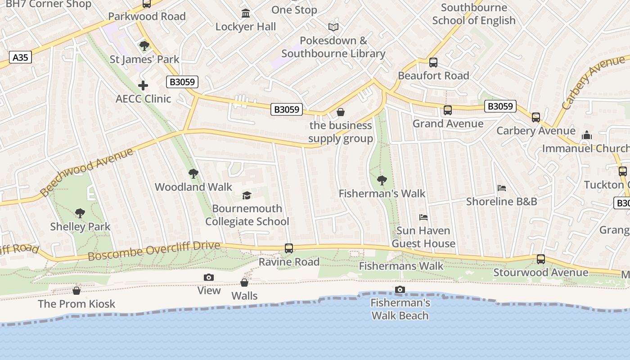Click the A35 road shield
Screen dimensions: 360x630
click(20, 58)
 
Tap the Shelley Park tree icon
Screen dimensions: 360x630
click(80, 213)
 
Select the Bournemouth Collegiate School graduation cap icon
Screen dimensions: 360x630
click(247, 195)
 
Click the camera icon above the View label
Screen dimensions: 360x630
click(209, 277)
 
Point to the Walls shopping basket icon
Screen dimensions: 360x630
click(244, 283)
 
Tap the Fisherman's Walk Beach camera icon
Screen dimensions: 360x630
click(400, 289)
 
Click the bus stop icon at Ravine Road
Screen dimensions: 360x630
click(289, 248)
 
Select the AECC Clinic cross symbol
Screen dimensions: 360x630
click(143, 85)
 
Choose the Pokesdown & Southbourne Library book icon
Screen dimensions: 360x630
click(333, 27)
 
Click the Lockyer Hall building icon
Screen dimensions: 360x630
click(246, 13)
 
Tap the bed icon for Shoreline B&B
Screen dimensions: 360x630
click(502, 188)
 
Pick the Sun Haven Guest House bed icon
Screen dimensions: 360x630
click(423, 217)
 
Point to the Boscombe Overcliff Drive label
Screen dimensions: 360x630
click(154, 251)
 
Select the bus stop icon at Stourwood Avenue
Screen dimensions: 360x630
click(541, 259)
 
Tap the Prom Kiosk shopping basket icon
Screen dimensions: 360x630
click(76, 291)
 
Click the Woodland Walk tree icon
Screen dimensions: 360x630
click(193, 174)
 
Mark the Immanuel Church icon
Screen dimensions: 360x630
click(587, 135)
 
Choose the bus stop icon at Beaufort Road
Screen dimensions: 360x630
click(433, 63)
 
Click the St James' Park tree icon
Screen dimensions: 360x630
click(144, 45)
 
